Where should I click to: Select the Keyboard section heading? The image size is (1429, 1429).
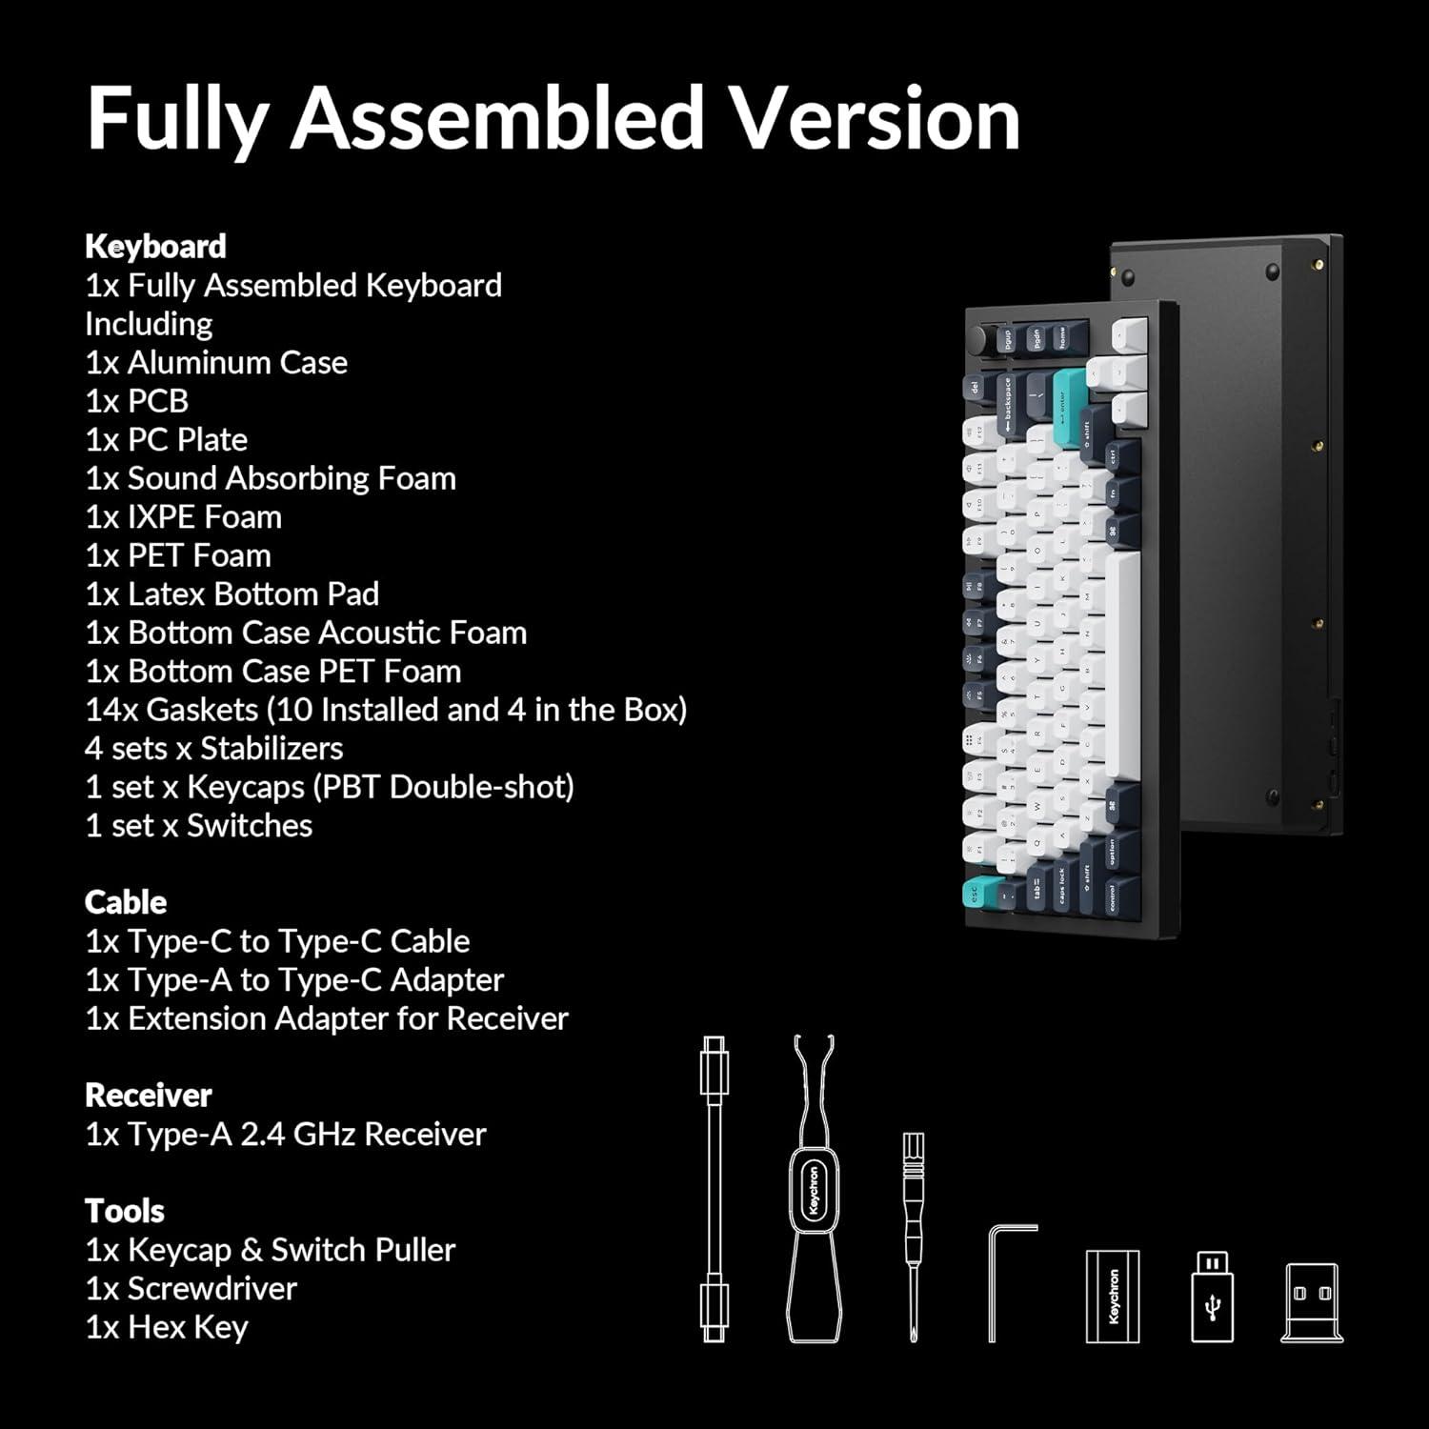155,247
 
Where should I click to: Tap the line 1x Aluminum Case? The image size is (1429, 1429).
216,363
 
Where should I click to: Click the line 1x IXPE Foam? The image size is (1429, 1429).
183,517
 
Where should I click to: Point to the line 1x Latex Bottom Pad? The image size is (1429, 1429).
231,594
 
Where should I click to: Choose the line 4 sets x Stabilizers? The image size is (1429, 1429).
213,749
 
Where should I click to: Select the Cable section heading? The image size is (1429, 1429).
125,902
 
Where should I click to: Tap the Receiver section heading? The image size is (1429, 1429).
148,1096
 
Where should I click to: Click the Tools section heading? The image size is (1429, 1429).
124,1211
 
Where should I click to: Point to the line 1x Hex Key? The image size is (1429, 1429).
167,1327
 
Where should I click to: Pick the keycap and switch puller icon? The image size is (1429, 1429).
814,1191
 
